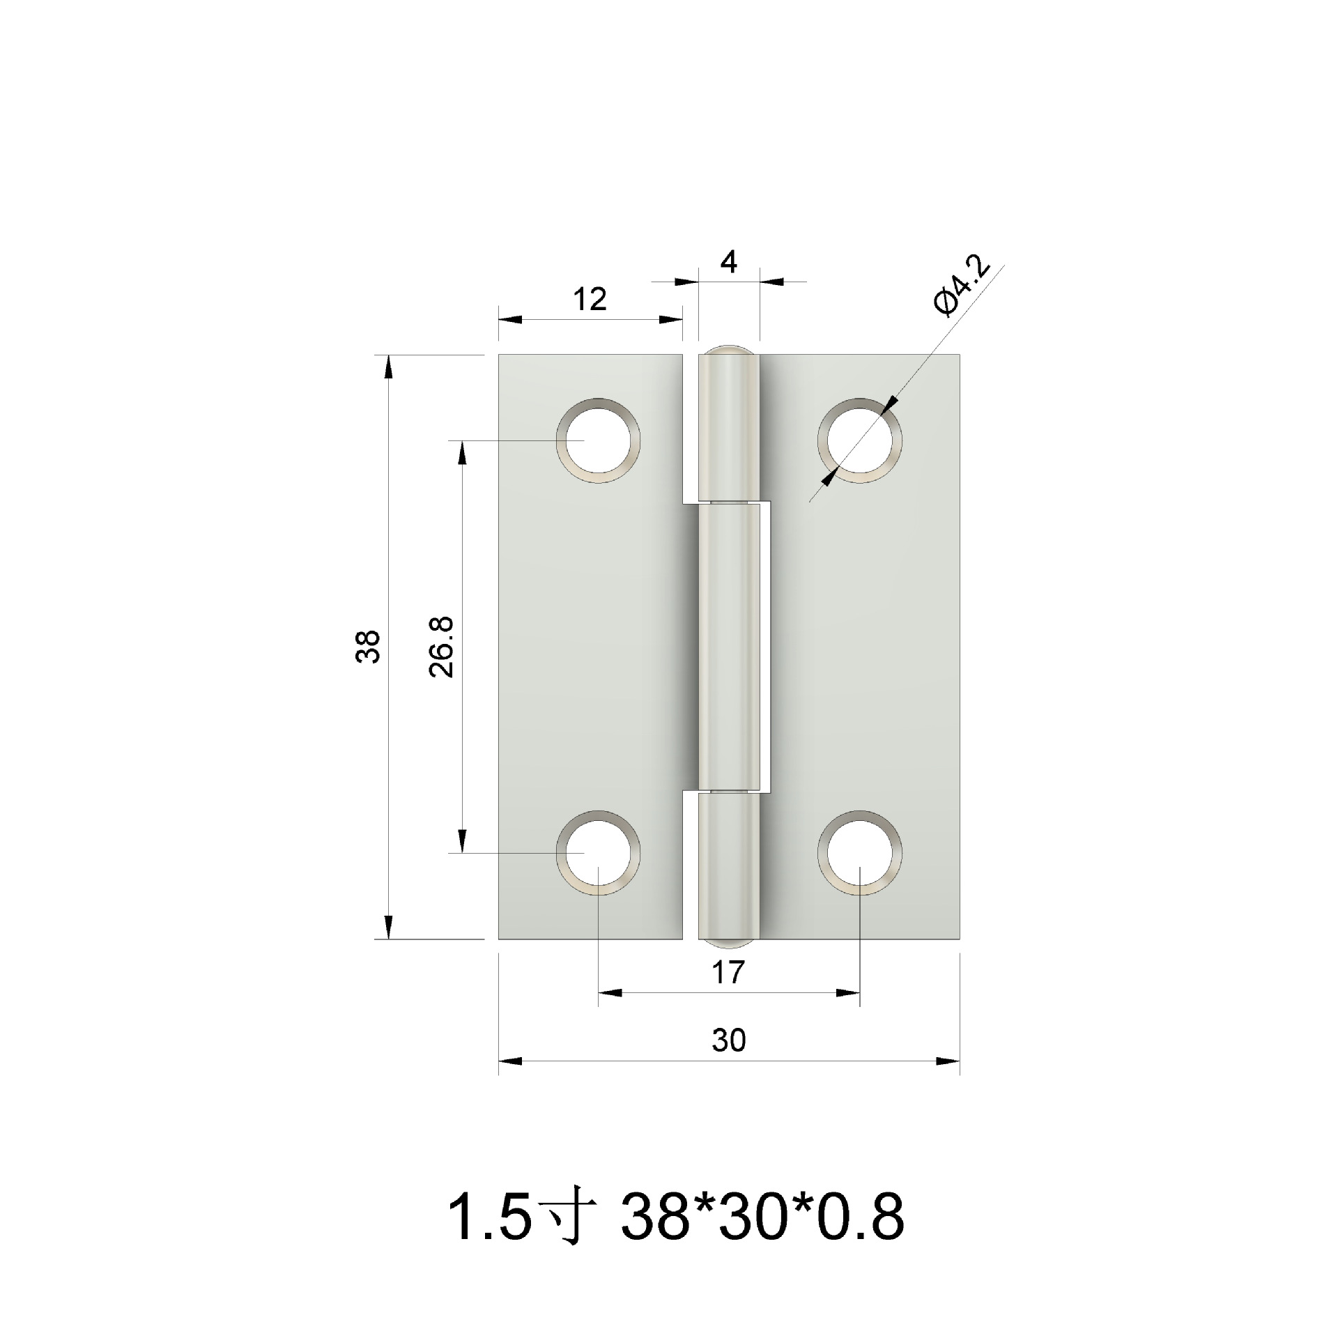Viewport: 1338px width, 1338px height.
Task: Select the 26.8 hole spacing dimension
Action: point(443,646)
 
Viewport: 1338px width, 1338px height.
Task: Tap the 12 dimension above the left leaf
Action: point(590,300)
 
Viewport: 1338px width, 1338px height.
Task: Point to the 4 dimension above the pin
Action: point(728,263)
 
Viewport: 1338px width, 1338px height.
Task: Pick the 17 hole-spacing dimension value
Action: point(729,972)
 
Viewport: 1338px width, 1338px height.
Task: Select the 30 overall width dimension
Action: point(729,1040)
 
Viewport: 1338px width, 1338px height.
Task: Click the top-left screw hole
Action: point(599,441)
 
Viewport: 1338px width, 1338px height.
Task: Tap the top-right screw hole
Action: point(860,441)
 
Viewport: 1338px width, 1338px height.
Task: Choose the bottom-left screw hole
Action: point(599,852)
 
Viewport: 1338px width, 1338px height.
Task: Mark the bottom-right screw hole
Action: point(860,852)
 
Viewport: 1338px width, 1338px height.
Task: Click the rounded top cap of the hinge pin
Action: point(728,353)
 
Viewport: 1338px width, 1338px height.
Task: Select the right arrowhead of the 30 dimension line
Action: point(949,1061)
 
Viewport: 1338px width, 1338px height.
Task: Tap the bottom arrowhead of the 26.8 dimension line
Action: point(461,841)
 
